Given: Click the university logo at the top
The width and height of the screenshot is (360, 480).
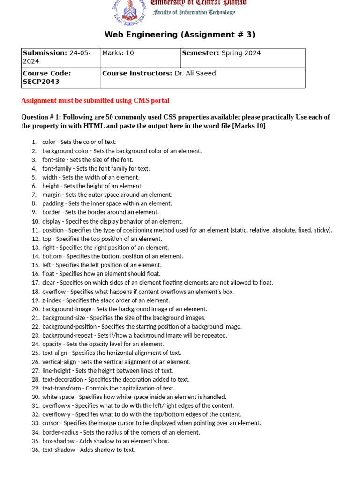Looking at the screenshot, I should pyautogui.click(x=129, y=11).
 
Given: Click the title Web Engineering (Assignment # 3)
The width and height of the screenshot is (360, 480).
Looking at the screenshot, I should pyautogui.click(x=180, y=35).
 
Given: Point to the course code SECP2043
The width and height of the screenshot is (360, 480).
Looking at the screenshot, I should pyautogui.click(x=41, y=82).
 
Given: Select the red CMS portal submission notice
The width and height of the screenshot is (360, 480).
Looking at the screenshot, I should pyautogui.click(x=95, y=100).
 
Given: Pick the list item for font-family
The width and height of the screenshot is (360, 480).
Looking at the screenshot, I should pyautogui.click(x=96, y=168).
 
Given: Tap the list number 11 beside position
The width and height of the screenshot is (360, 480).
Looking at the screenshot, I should pyautogui.click(x=36, y=230).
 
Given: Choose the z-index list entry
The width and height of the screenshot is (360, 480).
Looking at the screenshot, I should pyautogui.click(x=105, y=300).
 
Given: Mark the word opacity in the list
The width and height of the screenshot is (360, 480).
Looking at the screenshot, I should pyautogui.click(x=52, y=344).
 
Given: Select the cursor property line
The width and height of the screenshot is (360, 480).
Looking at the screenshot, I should pyautogui.click(x=151, y=423).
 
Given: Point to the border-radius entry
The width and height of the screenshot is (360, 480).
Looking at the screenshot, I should pyautogui.click(x=120, y=432).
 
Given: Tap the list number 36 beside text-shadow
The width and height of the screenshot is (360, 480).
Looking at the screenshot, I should pyautogui.click(x=36, y=450).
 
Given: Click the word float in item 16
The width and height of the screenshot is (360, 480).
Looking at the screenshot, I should pyautogui.click(x=49, y=274).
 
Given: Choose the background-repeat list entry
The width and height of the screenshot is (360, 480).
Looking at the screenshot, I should pyautogui.click(x=134, y=336).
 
